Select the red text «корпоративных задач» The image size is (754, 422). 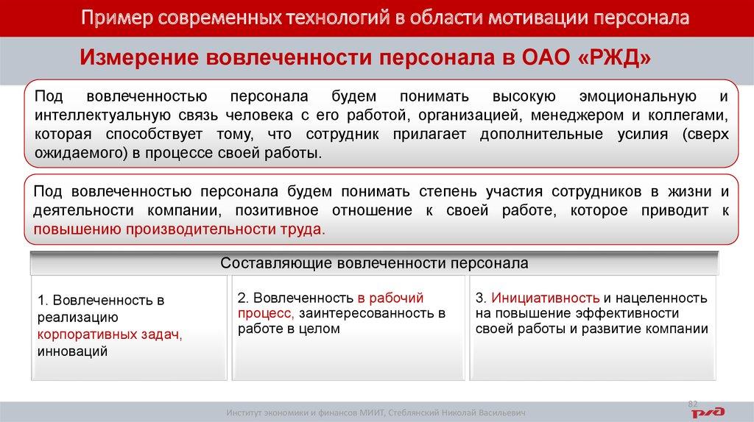click(108, 334)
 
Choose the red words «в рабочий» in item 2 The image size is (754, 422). click(390, 298)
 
